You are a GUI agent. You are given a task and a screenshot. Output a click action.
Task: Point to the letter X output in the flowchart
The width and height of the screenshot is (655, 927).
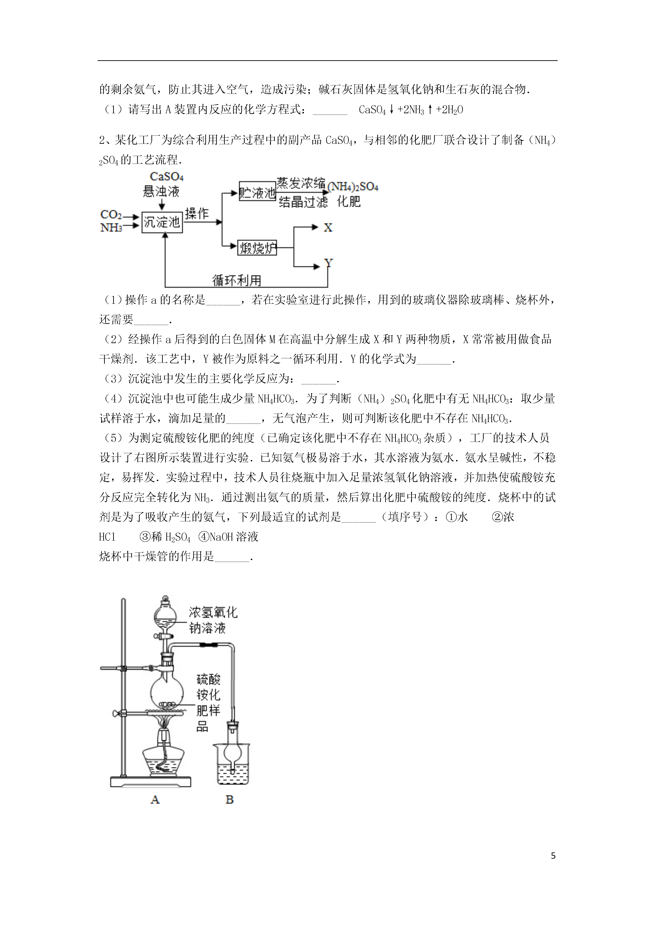point(328,228)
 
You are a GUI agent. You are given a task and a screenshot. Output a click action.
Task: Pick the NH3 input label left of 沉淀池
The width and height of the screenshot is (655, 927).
point(111,228)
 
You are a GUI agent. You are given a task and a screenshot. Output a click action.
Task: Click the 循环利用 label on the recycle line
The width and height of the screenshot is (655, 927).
point(237,280)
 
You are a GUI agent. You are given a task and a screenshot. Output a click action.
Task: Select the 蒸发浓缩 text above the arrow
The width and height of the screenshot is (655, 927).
point(301,184)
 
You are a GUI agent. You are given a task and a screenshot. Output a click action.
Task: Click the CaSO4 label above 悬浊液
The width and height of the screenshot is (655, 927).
point(167,177)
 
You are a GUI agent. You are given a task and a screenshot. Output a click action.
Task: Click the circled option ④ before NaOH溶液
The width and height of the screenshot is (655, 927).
point(203,537)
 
